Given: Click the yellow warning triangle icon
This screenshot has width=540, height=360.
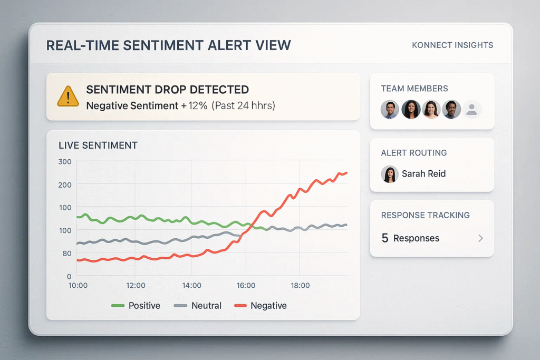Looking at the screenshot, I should tap(67, 97).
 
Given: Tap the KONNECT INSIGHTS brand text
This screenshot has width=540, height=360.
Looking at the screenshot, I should tap(452, 45).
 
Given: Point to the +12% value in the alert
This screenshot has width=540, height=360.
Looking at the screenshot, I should tap(194, 105).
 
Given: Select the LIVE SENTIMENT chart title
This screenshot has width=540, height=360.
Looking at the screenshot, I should tap(98, 145).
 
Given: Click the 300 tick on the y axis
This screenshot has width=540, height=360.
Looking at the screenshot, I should tap(65, 161).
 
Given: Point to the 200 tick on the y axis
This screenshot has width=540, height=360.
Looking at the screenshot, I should tap(65, 184).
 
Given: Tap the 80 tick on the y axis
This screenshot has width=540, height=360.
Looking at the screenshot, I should tap(66, 253).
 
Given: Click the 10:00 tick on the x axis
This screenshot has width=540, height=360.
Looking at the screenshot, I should tap(78, 285).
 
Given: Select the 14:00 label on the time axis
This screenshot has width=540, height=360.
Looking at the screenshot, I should tap(191, 285).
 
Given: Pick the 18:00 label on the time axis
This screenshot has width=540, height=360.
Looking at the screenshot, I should tap(300, 285).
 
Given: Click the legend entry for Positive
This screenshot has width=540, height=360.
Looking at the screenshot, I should tap(136, 306).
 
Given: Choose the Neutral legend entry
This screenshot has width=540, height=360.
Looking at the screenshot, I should tap(198, 306).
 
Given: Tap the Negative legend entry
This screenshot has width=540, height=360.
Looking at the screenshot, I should tap(261, 306).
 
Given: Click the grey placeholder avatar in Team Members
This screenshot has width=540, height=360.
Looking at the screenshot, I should tap(472, 109).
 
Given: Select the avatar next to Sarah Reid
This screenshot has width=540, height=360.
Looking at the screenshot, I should tap(390, 174).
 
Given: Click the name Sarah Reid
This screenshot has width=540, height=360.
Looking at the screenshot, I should tap(423, 173).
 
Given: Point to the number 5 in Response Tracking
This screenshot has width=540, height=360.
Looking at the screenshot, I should tap(385, 238).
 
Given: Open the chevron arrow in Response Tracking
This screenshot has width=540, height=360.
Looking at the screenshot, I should tap(480, 238).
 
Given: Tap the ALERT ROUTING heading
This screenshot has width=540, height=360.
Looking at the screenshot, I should tap(413, 153).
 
